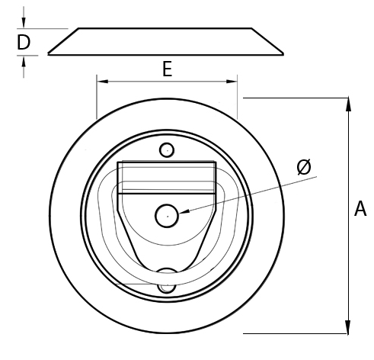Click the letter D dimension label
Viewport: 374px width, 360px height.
tap(24, 43)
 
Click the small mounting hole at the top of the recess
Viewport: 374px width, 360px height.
tap(167, 149)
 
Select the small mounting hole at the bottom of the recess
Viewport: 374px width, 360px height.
tap(166, 286)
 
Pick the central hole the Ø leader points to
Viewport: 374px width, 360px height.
tap(167, 216)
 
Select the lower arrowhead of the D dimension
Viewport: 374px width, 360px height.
tap(24, 60)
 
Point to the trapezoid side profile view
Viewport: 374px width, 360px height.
tap(166, 42)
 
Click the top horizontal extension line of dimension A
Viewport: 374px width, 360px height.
tap(297, 98)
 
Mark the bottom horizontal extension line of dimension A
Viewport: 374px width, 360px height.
tap(297, 333)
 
